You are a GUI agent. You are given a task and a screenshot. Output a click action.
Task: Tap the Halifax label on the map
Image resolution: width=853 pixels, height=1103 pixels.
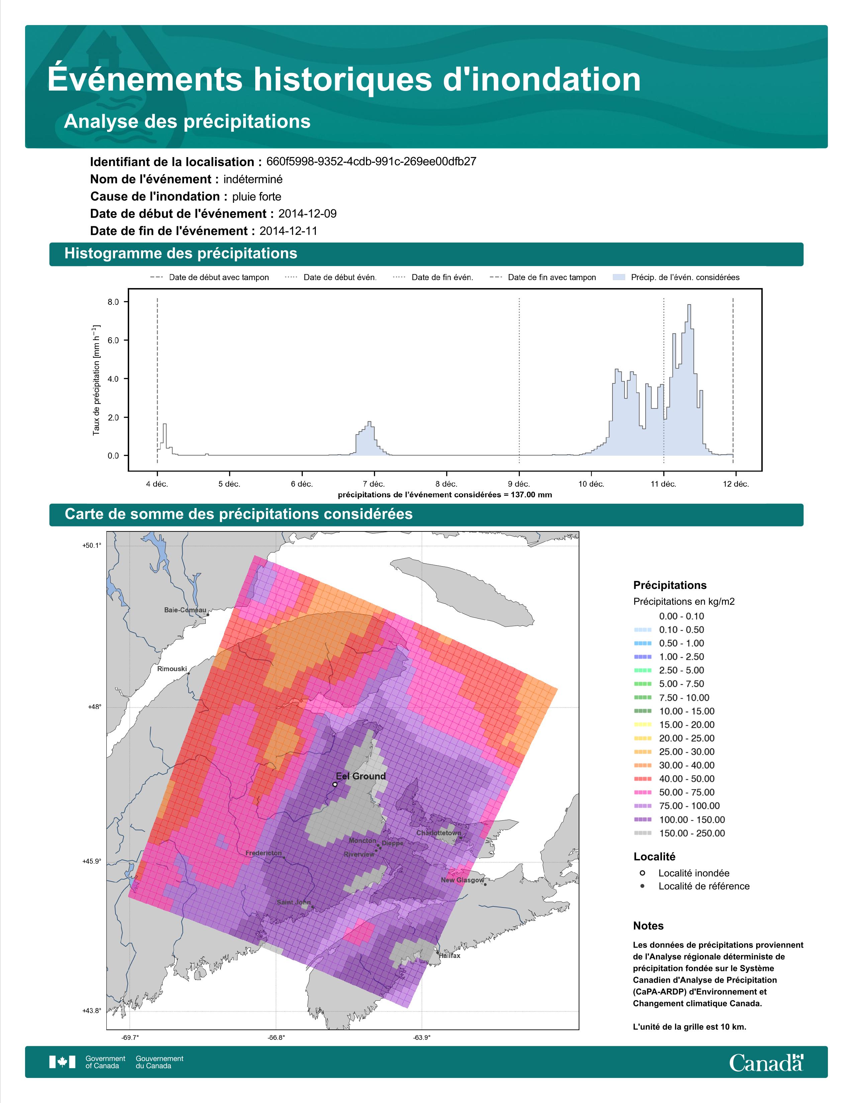(450, 956)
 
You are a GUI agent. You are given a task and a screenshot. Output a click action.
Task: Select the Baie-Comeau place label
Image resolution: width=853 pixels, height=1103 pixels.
(185, 610)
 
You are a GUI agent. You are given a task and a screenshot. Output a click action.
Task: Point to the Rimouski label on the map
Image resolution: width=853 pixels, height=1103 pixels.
(172, 669)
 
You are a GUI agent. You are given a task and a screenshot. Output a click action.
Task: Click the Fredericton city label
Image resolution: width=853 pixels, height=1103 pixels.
(263, 853)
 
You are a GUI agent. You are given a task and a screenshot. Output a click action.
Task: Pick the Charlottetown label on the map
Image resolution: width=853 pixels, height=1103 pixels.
(439, 833)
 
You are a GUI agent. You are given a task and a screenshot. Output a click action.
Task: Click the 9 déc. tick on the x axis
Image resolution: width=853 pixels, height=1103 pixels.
(519, 484)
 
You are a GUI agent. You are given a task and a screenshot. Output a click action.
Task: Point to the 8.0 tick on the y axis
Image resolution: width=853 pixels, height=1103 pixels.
(113, 302)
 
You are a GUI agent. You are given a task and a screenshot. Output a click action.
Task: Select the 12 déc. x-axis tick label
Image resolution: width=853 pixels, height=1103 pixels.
(736, 484)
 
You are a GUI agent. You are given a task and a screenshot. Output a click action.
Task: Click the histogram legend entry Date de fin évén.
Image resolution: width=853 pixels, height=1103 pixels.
(433, 277)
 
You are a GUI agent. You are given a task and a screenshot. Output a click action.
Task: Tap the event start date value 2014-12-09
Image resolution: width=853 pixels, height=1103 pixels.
(307, 214)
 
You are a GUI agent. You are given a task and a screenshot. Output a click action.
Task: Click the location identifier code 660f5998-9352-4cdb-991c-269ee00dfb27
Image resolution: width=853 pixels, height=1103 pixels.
(371, 162)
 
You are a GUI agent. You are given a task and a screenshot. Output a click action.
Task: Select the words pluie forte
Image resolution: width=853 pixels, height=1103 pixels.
(257, 197)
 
